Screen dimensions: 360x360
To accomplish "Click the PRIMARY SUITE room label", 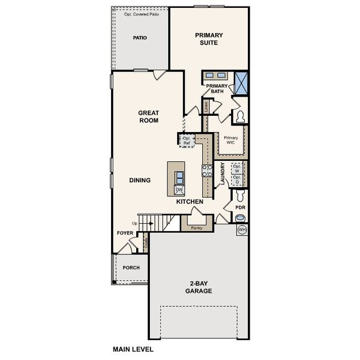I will click(x=208, y=39).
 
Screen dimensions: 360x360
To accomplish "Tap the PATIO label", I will click(x=139, y=38).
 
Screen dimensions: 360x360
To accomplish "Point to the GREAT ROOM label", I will click(x=148, y=116).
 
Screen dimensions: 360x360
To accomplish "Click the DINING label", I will click(x=139, y=180).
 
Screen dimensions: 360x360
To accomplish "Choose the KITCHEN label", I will click(x=189, y=202).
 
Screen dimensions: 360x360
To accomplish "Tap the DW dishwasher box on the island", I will click(x=179, y=190).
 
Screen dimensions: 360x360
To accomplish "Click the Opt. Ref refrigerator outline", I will click(x=187, y=139).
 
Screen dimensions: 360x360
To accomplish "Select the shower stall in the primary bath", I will click(x=241, y=82).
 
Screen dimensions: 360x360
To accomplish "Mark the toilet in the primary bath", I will click(x=241, y=116).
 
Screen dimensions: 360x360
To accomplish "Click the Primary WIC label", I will click(x=231, y=140).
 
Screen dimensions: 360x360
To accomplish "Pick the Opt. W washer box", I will click(x=236, y=167).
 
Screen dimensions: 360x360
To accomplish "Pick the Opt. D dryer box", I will click(x=236, y=179).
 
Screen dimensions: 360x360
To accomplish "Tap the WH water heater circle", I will click(x=242, y=230).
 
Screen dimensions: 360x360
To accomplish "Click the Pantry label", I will click(x=196, y=228).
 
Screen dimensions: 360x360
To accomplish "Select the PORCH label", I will click(x=131, y=268).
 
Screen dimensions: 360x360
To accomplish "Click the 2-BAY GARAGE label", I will click(x=198, y=287).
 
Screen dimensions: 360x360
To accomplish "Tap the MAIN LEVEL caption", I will click(x=133, y=348).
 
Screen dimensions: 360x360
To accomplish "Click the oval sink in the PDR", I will click(x=240, y=218).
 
